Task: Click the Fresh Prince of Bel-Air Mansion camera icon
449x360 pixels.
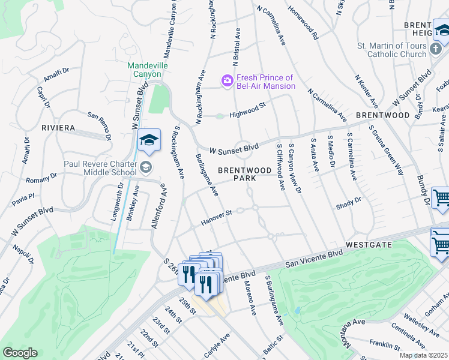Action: tap(227, 80)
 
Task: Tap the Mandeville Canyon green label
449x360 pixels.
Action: tap(147, 70)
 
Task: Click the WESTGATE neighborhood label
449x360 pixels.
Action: tap(369, 245)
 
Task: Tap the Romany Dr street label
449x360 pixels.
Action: tap(41, 179)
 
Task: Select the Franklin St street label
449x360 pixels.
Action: tap(384, 345)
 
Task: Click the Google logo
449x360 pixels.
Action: tap(20, 353)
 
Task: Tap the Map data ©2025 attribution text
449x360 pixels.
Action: tap(423, 355)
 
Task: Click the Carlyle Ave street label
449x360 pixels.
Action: tap(217, 347)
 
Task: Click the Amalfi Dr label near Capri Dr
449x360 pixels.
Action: tap(56, 75)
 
